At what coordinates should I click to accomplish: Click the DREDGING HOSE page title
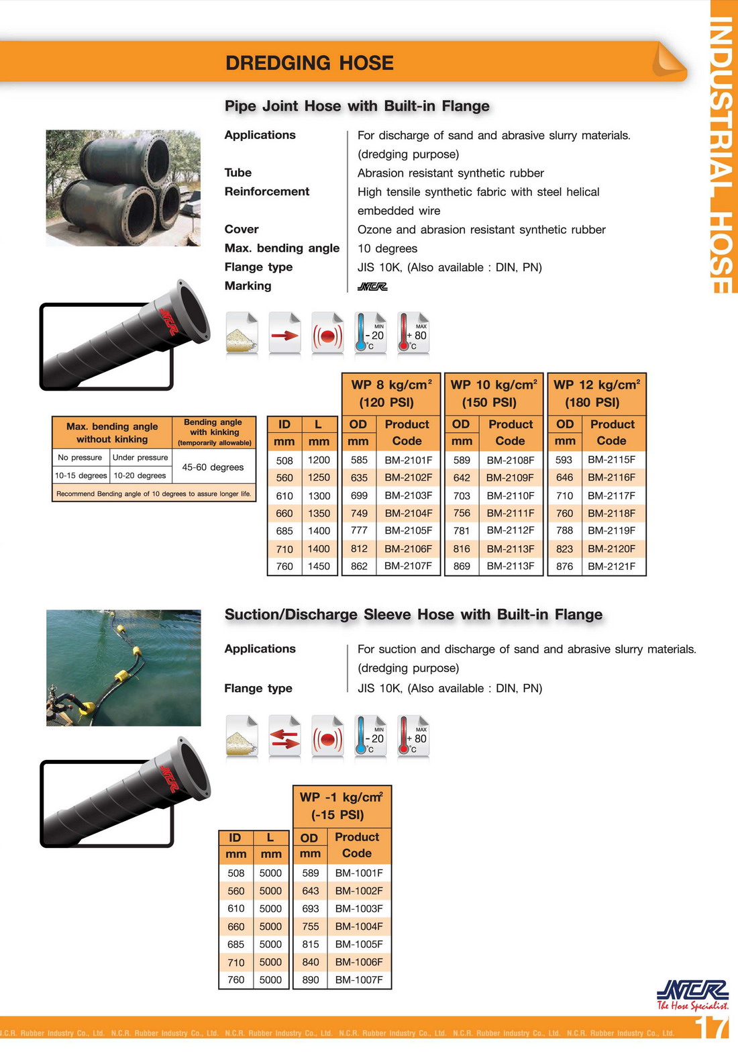309,63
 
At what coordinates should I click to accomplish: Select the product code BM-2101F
408,460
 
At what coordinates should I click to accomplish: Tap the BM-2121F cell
611,566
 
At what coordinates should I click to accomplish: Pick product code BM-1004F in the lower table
359,926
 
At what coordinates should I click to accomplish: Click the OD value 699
359,495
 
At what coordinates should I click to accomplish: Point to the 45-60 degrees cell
213,467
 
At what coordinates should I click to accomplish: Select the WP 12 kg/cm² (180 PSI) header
596,393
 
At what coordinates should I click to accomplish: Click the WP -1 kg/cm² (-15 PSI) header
341,806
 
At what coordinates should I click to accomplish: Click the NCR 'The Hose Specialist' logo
692,994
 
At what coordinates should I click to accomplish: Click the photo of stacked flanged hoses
123,187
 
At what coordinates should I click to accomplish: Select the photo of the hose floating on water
123,667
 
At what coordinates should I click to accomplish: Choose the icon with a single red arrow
284,334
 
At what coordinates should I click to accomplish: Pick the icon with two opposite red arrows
284,737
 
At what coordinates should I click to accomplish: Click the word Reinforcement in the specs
267,191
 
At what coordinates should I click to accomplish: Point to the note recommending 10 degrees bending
154,493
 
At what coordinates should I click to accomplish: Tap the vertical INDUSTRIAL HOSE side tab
723,154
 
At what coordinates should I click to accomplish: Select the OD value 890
310,979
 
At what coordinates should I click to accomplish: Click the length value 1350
319,513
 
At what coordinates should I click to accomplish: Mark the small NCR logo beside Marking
372,286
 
